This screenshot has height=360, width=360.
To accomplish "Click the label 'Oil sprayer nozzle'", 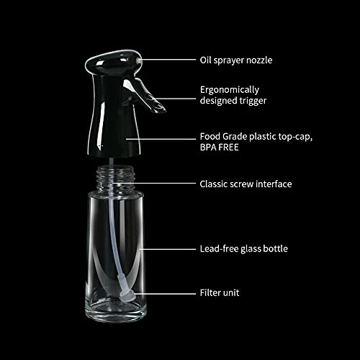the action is [236, 60].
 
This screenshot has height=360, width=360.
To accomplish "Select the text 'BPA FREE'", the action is [220, 147].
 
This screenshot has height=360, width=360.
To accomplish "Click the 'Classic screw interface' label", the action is [246, 184].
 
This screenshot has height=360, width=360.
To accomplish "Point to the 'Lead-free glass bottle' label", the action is [244, 249].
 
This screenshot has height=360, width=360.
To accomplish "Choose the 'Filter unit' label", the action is [220, 293].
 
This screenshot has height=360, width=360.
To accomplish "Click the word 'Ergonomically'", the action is [230, 90].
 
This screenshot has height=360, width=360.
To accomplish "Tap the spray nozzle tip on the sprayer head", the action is [138, 60].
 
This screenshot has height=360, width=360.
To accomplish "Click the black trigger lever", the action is [146, 95].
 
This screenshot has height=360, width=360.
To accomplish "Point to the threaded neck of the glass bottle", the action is [115, 179].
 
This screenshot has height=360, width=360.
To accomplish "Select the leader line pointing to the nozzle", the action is [168, 60].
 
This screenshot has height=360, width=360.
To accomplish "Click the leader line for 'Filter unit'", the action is [165, 294].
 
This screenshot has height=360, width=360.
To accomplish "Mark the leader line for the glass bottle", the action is [168, 249].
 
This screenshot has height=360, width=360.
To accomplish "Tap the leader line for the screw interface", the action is [155, 184].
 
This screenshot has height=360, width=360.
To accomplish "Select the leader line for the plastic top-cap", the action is [161, 139].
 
